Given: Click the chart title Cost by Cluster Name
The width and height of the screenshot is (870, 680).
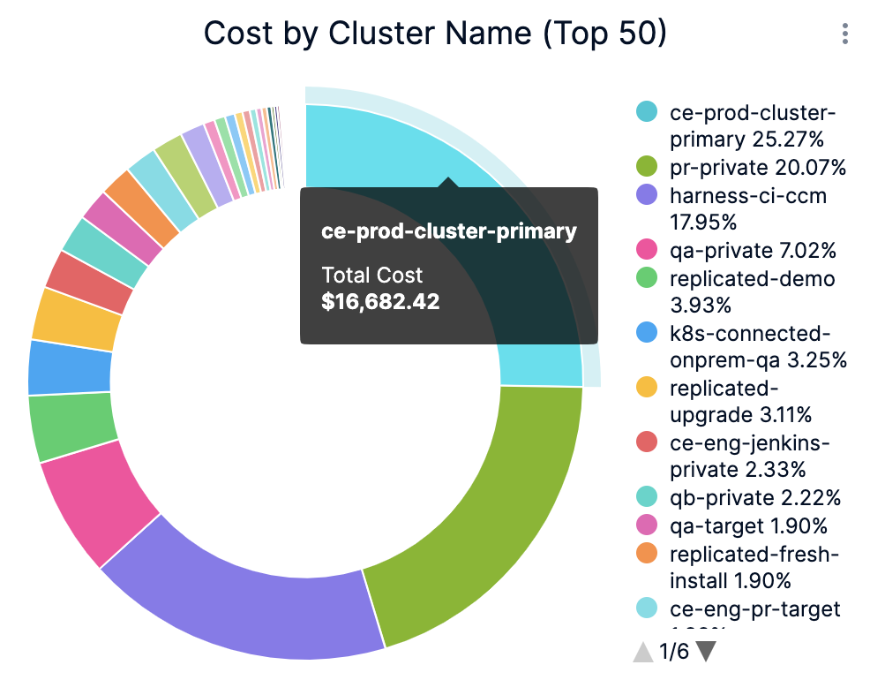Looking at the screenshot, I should [x=434, y=34].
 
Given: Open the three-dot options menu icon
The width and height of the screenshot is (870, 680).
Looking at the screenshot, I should [x=845, y=34].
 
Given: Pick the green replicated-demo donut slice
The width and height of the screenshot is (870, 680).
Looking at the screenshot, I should [x=71, y=427].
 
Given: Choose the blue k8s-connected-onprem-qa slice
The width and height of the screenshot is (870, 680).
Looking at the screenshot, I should [x=69, y=367].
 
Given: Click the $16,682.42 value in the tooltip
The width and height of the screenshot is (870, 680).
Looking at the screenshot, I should [x=380, y=301].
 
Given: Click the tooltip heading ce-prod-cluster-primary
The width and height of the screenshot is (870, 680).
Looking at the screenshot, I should [x=448, y=231].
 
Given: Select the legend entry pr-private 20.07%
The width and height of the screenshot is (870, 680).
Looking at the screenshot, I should [x=757, y=168].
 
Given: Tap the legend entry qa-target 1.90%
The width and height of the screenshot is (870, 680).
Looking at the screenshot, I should [x=748, y=526].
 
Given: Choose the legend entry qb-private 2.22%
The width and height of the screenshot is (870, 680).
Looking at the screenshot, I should [x=755, y=497].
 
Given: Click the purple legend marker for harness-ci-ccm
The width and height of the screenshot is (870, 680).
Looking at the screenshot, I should [x=647, y=195].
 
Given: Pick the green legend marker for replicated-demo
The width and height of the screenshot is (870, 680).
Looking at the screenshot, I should [x=647, y=279].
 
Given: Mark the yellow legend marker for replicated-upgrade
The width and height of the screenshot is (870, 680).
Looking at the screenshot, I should [x=647, y=388].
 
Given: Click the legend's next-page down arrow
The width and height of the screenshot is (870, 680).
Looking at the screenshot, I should [x=705, y=652].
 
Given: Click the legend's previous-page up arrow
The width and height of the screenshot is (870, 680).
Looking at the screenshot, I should [x=643, y=652].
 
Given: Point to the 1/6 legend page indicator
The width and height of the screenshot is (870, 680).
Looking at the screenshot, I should [x=674, y=652].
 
